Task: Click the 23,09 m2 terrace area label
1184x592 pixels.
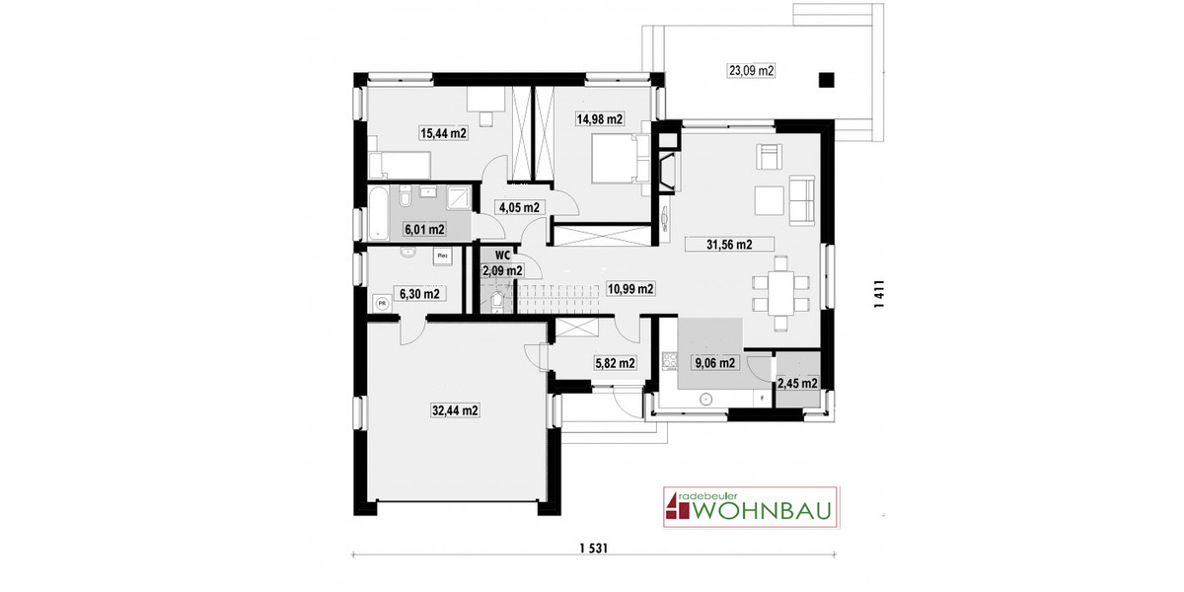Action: (752, 70)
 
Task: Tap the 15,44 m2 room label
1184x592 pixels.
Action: (443, 133)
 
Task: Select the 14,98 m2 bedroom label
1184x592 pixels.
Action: (600, 119)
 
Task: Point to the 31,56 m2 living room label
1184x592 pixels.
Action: (729, 245)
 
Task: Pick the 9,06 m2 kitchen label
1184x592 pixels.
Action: (715, 363)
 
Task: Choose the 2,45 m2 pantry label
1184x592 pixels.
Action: (797, 384)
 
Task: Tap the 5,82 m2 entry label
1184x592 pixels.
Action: (615, 363)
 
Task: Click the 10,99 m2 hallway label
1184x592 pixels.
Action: (630, 289)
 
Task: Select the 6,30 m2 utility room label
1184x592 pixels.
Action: (418, 293)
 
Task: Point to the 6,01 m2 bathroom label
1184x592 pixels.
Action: (423, 229)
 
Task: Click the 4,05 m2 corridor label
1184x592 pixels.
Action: (519, 208)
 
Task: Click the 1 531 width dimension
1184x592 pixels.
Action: (592, 550)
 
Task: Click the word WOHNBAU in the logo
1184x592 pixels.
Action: (764, 512)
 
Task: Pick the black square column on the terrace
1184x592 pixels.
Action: (827, 81)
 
